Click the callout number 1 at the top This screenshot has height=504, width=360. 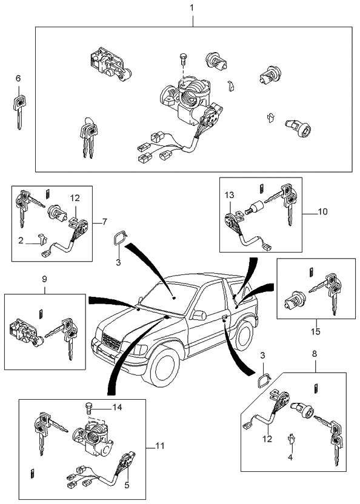click(192, 8)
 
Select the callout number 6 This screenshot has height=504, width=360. click(18, 79)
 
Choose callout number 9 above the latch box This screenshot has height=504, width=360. click(44, 280)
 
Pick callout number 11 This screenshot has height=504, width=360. click(159, 446)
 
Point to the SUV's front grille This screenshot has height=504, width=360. click(108, 340)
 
